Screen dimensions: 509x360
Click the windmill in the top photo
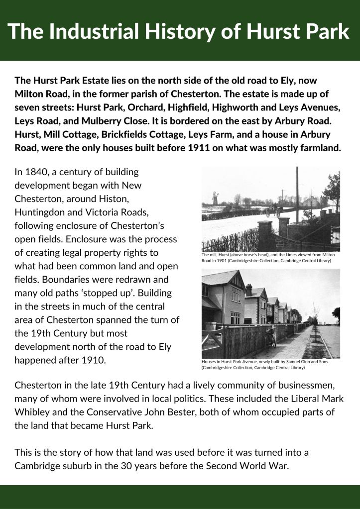[215, 198]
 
